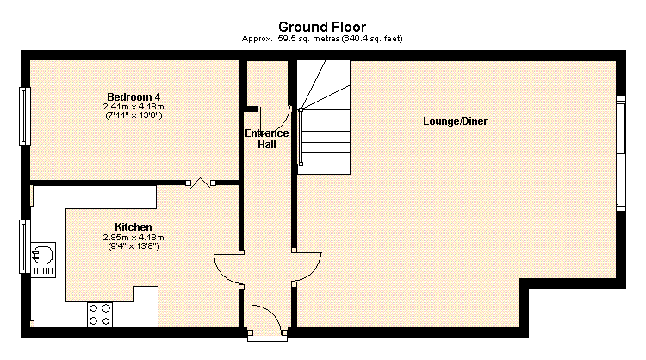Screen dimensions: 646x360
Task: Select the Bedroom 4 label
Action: point(134,96)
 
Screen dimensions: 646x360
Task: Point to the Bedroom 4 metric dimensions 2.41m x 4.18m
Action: point(134,106)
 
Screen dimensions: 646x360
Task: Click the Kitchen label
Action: point(134,227)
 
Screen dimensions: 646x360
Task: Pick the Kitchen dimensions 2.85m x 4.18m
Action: point(134,237)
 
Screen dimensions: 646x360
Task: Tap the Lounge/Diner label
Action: point(455,121)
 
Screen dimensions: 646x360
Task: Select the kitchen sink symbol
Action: point(41,255)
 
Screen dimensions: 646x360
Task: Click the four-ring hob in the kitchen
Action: point(99,313)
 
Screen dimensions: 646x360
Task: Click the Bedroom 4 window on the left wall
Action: point(25,116)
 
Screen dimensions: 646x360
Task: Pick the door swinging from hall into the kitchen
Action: point(227,267)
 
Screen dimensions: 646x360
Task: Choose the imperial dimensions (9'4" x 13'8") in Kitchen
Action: point(134,246)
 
